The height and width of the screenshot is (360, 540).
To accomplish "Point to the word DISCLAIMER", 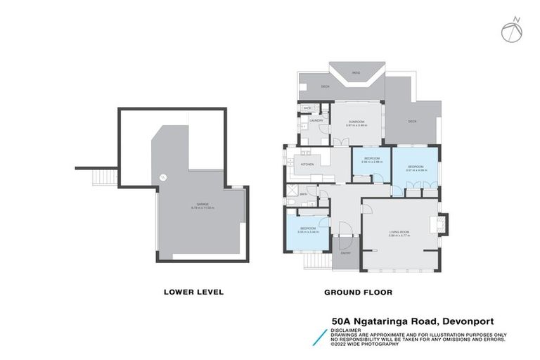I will [346, 328].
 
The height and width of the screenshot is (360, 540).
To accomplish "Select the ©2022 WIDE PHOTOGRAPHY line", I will [365, 345].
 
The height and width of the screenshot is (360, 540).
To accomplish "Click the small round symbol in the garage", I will [162, 177].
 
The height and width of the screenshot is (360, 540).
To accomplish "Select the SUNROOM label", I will [356, 121].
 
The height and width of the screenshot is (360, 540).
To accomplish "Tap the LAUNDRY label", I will [316, 121].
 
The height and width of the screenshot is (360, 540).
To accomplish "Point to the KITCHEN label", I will [308, 164].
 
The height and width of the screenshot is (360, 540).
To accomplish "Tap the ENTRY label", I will [346, 253].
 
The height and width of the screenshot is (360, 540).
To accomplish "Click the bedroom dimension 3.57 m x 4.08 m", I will [416, 170].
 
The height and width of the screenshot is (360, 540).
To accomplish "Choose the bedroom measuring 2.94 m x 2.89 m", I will [371, 160].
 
